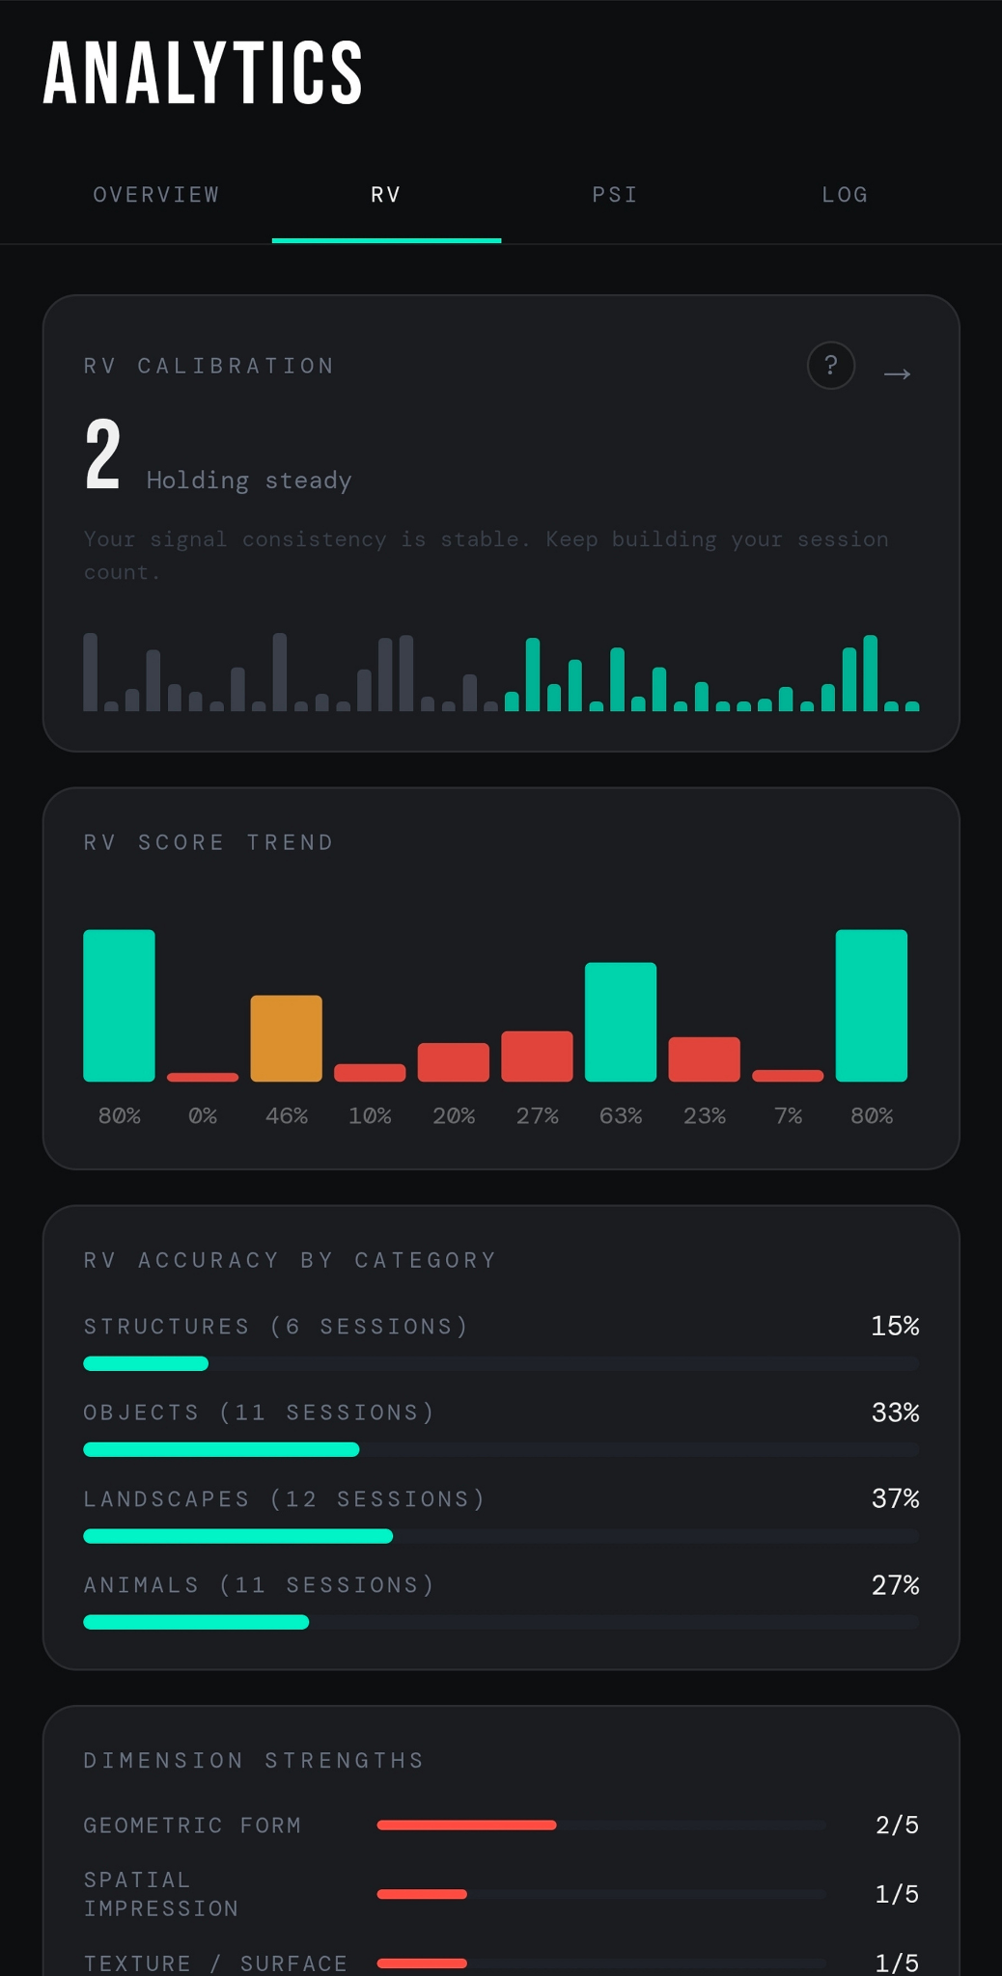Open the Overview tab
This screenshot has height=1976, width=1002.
pos(156,195)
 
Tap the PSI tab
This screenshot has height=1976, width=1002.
pos(615,195)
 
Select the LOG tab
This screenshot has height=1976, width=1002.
pos(845,195)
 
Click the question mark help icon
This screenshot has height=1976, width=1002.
pos(830,366)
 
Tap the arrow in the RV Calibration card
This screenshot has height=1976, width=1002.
pos(897,373)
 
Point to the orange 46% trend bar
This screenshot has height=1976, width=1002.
pos(286,1037)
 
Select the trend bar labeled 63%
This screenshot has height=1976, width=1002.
pos(620,1021)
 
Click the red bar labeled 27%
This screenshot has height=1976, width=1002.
pos(537,1056)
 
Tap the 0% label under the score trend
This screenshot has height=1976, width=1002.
pos(203,1116)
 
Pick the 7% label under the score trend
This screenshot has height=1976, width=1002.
pos(788,1116)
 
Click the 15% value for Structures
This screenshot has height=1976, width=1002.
pos(895,1326)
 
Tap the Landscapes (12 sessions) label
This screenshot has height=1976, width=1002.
pos(284,1498)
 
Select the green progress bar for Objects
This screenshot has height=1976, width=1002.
pos(221,1449)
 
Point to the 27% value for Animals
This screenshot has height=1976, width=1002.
pos(895,1584)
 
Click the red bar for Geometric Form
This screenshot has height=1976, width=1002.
pos(466,1825)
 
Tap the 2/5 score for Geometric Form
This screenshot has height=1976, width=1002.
pos(897,1825)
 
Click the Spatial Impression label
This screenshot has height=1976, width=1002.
pos(160,1893)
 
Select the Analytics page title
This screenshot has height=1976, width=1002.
pos(203,73)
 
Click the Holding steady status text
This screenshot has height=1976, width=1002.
pos(249,480)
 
